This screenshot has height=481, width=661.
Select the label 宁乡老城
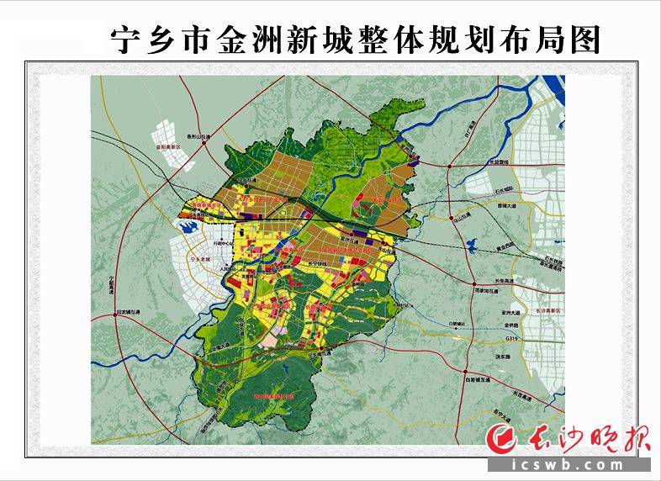(x=202, y=262)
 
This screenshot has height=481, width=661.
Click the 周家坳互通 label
(x=488, y=292)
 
